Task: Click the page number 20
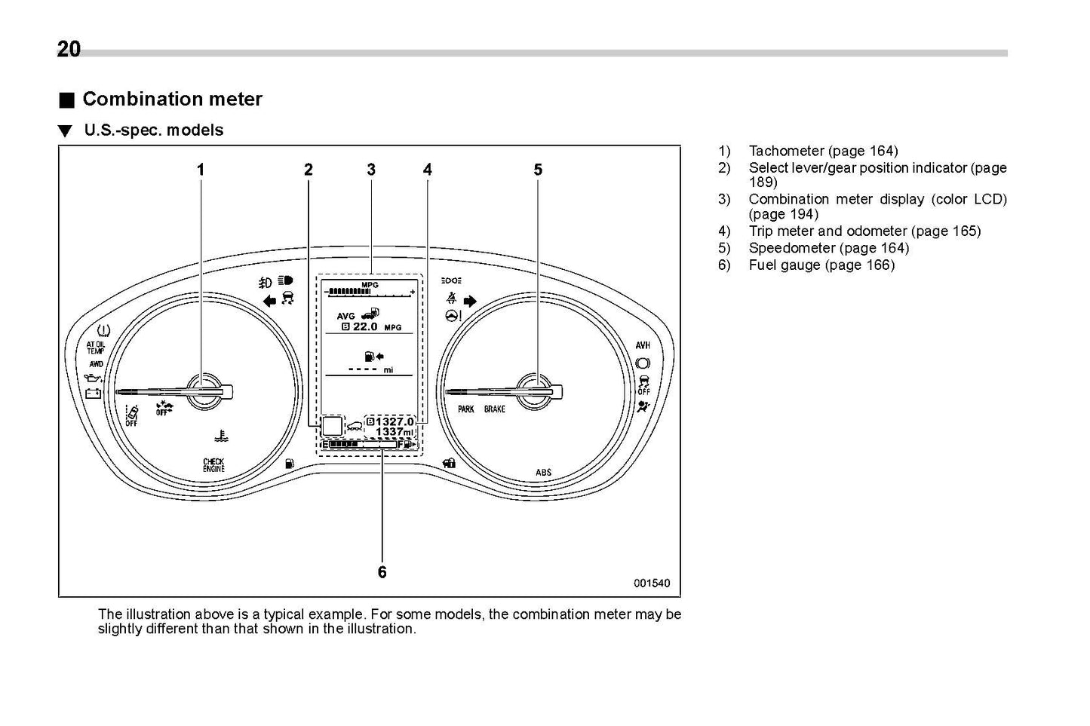(69, 50)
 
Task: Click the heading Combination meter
(172, 100)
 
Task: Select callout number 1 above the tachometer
(201, 170)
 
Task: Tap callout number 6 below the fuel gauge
(382, 572)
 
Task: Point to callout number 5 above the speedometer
(538, 170)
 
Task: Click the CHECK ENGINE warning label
(213, 465)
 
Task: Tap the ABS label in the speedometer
(543, 473)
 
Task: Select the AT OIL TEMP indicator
(96, 348)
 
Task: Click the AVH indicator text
(643, 345)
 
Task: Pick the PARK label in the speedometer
(466, 409)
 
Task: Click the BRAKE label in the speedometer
(495, 409)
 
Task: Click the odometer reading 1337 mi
(395, 433)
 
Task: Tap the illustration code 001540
(651, 584)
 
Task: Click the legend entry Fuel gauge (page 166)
(821, 265)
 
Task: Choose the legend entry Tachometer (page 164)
(823, 152)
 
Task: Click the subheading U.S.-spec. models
(153, 130)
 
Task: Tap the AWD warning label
(96, 363)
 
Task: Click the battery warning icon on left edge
(94, 393)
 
